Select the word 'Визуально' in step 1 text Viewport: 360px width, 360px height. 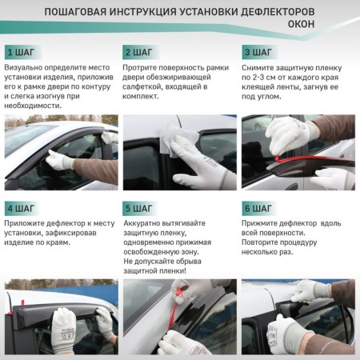pyautogui.click(x=24, y=69)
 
